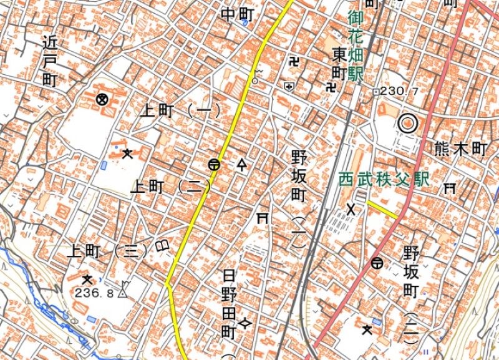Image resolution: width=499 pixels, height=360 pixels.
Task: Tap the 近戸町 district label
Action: (50, 61)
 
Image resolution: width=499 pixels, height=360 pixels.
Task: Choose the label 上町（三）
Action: (110, 251)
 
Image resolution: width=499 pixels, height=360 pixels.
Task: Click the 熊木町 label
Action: (460, 148)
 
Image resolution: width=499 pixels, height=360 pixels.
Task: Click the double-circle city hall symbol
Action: (407, 124)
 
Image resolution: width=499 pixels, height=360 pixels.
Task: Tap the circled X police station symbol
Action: (102, 99)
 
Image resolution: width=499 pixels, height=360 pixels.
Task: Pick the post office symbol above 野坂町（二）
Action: (377, 263)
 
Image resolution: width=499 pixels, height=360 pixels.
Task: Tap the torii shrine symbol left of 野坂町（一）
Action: (263, 218)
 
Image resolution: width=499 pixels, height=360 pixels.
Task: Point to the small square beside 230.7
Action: (375, 92)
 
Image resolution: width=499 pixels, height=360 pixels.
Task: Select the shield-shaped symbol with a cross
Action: (288, 86)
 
